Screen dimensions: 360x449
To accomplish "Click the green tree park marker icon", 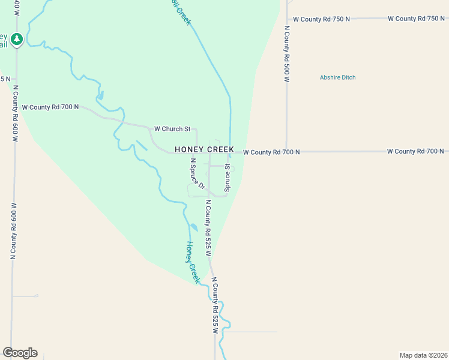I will click(17, 40).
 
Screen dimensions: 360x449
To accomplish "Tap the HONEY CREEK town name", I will click(204, 149).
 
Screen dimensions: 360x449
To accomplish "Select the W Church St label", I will click(172, 128).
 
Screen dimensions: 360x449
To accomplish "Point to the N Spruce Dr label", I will click(197, 173).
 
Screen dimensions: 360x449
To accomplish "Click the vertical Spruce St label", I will click(228, 178).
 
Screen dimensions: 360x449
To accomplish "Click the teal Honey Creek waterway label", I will click(192, 262).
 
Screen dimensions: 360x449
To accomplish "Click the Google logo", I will click(20, 353).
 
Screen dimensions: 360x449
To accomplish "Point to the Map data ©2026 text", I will click(423, 355).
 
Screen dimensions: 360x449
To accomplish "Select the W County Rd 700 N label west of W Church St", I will click(50, 107).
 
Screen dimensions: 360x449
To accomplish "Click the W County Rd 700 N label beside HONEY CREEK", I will click(271, 152).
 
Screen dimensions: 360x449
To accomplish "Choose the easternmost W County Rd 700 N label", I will click(415, 151).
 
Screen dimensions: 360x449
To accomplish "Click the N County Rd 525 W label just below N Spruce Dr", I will click(208, 228).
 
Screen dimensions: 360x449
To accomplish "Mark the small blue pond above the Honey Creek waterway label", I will click(193, 227).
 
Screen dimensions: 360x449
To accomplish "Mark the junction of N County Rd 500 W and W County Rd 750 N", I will click(287, 19).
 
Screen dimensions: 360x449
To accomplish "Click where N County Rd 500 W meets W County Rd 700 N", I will click(287, 152).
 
